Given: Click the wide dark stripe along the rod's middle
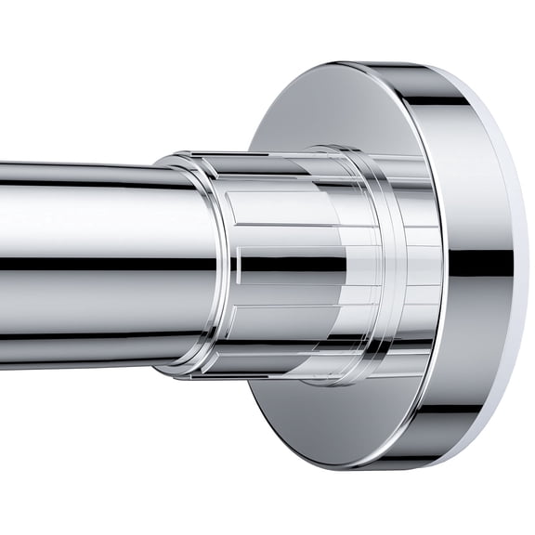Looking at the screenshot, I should pos(93,264).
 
